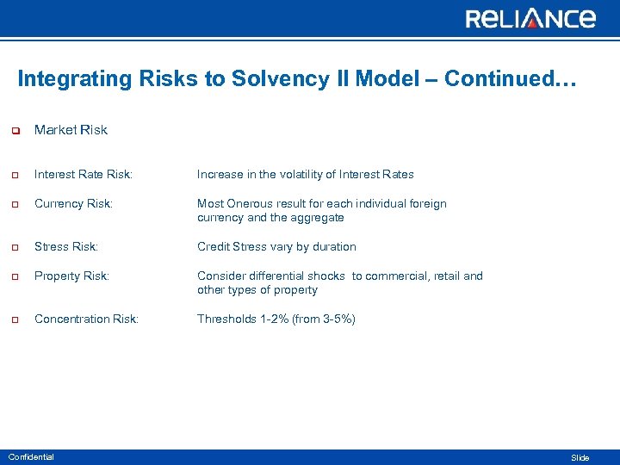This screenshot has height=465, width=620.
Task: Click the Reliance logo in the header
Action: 530,18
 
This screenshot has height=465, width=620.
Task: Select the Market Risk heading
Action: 71,130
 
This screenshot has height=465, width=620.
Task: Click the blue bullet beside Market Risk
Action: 15,131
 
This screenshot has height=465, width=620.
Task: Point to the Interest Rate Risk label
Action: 84,175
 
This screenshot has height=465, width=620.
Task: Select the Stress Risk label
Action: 66,247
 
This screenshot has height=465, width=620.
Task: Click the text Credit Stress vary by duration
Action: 276,247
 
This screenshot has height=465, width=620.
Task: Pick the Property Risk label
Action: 71,276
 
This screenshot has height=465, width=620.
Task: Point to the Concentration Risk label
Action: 86,319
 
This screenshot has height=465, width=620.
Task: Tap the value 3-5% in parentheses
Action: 336,319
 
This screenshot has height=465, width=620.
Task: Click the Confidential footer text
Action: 31,457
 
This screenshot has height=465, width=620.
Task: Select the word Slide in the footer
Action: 580,458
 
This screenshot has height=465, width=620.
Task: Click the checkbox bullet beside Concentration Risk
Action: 15,320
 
